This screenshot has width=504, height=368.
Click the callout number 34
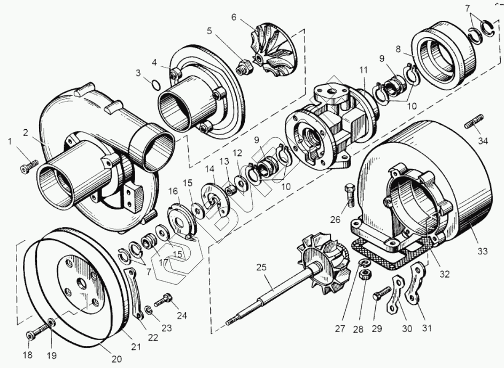point(483,141)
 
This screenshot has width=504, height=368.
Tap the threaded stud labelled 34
point(474,122)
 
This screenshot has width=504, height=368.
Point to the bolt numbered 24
point(165,297)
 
